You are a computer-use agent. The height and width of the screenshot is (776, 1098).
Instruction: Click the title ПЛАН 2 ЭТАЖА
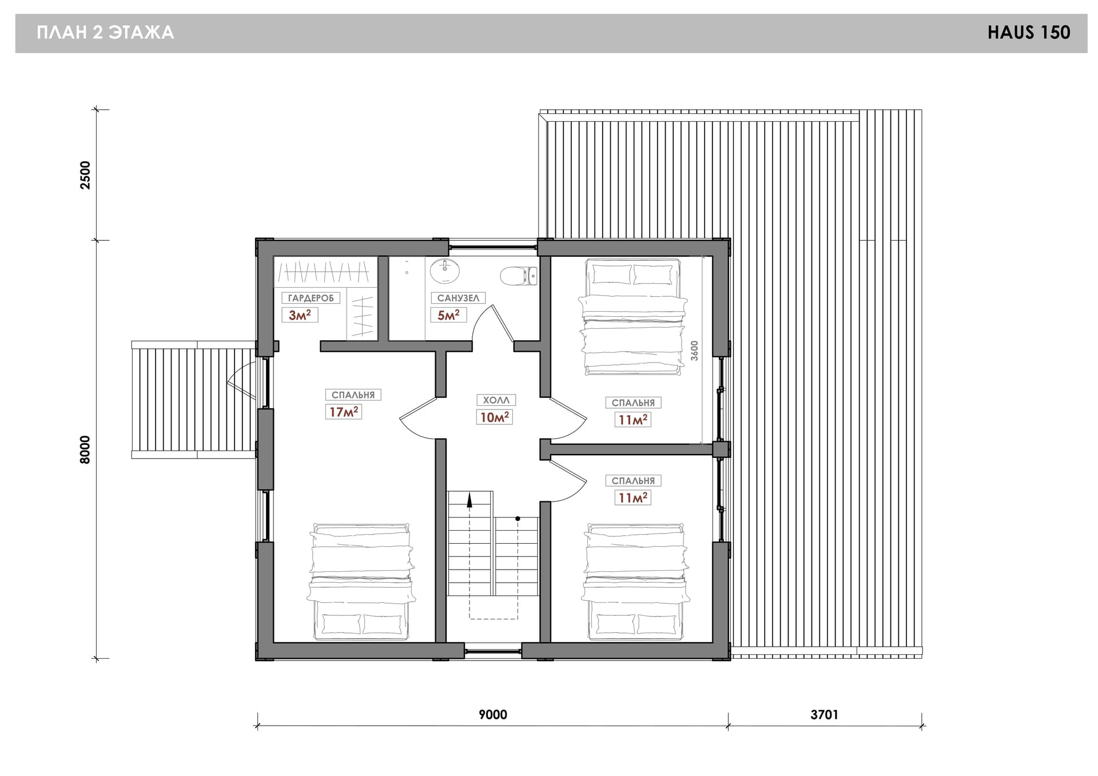point(105,33)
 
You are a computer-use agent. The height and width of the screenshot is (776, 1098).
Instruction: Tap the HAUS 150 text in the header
point(1029,33)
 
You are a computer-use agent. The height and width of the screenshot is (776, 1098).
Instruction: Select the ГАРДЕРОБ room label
point(311,298)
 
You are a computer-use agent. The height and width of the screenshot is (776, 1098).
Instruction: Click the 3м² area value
point(300,315)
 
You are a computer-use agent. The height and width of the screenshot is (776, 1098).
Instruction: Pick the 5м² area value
point(448,315)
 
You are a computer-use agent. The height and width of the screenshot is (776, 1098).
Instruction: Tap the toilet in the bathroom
point(519,276)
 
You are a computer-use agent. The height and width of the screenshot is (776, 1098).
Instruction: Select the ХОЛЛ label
point(496,400)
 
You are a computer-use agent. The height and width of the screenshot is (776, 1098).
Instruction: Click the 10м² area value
point(494,417)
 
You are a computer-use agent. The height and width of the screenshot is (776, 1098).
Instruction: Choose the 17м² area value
point(344,412)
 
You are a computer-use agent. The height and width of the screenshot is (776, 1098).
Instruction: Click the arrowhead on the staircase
point(470,500)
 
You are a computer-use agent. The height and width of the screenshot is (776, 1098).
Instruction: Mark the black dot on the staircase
point(518,519)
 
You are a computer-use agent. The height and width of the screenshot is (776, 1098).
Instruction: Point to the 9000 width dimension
point(493,714)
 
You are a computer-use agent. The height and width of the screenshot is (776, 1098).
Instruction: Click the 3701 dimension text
point(824,714)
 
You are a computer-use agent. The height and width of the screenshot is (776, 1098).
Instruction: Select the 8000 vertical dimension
point(85,449)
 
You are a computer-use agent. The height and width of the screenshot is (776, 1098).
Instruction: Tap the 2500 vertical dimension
point(85,175)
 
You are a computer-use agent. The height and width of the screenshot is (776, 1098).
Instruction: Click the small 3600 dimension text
point(694,351)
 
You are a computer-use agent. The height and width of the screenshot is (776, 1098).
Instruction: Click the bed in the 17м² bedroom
point(360,581)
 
